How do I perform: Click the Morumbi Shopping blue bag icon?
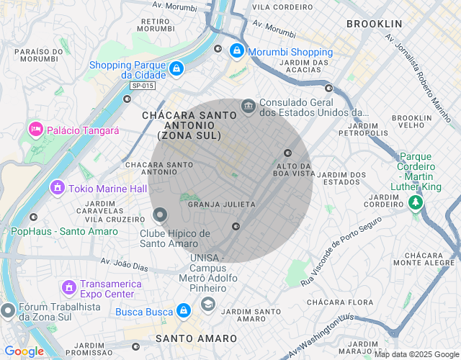click(x=237, y=51)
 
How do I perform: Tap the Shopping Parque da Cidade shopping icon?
click(x=176, y=69)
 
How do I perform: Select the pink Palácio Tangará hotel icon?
click(x=35, y=130)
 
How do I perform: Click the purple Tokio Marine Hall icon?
click(x=57, y=188)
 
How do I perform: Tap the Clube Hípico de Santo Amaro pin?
click(x=160, y=215)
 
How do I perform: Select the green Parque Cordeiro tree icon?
click(x=415, y=203)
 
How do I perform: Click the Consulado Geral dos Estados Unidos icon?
click(x=249, y=107)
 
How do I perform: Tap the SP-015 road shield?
click(x=143, y=86)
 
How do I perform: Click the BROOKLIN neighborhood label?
click(x=374, y=24)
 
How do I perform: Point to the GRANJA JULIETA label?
click(x=221, y=204)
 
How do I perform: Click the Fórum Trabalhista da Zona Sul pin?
click(x=8, y=310)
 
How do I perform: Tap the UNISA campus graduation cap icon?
click(x=208, y=304)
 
